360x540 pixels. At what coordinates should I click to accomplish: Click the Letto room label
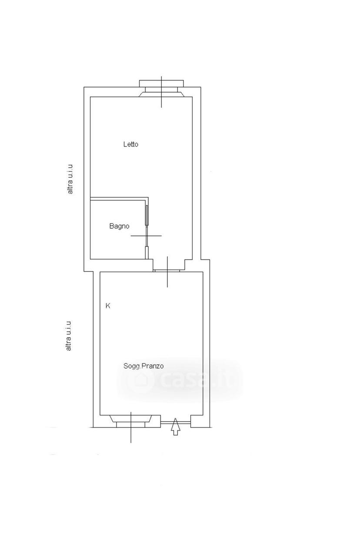pyautogui.click(x=131, y=144)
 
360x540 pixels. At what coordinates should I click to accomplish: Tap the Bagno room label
pyautogui.click(x=119, y=226)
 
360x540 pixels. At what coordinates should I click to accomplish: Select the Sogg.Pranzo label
pyautogui.click(x=143, y=366)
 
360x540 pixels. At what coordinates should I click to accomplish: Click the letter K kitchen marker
pyautogui.click(x=108, y=306)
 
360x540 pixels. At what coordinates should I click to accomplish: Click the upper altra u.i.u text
pyautogui.click(x=70, y=180)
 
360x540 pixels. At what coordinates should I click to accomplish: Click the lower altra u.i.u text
pyautogui.click(x=69, y=336)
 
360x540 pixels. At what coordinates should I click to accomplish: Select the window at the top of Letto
pyautogui.click(x=162, y=89)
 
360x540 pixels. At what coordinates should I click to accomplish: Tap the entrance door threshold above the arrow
pyautogui.click(x=175, y=422)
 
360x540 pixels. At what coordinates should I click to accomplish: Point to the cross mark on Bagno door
pyautogui.click(x=147, y=236)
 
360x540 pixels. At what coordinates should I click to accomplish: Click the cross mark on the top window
pyautogui.click(x=162, y=92)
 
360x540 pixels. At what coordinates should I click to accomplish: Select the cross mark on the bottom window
pyautogui.click(x=131, y=427)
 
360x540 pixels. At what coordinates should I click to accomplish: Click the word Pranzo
pyautogui.click(x=153, y=366)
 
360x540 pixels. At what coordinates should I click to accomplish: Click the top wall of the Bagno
pyautogui.click(x=119, y=199)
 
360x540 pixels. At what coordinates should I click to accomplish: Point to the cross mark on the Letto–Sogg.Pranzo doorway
pyautogui.click(x=167, y=272)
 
